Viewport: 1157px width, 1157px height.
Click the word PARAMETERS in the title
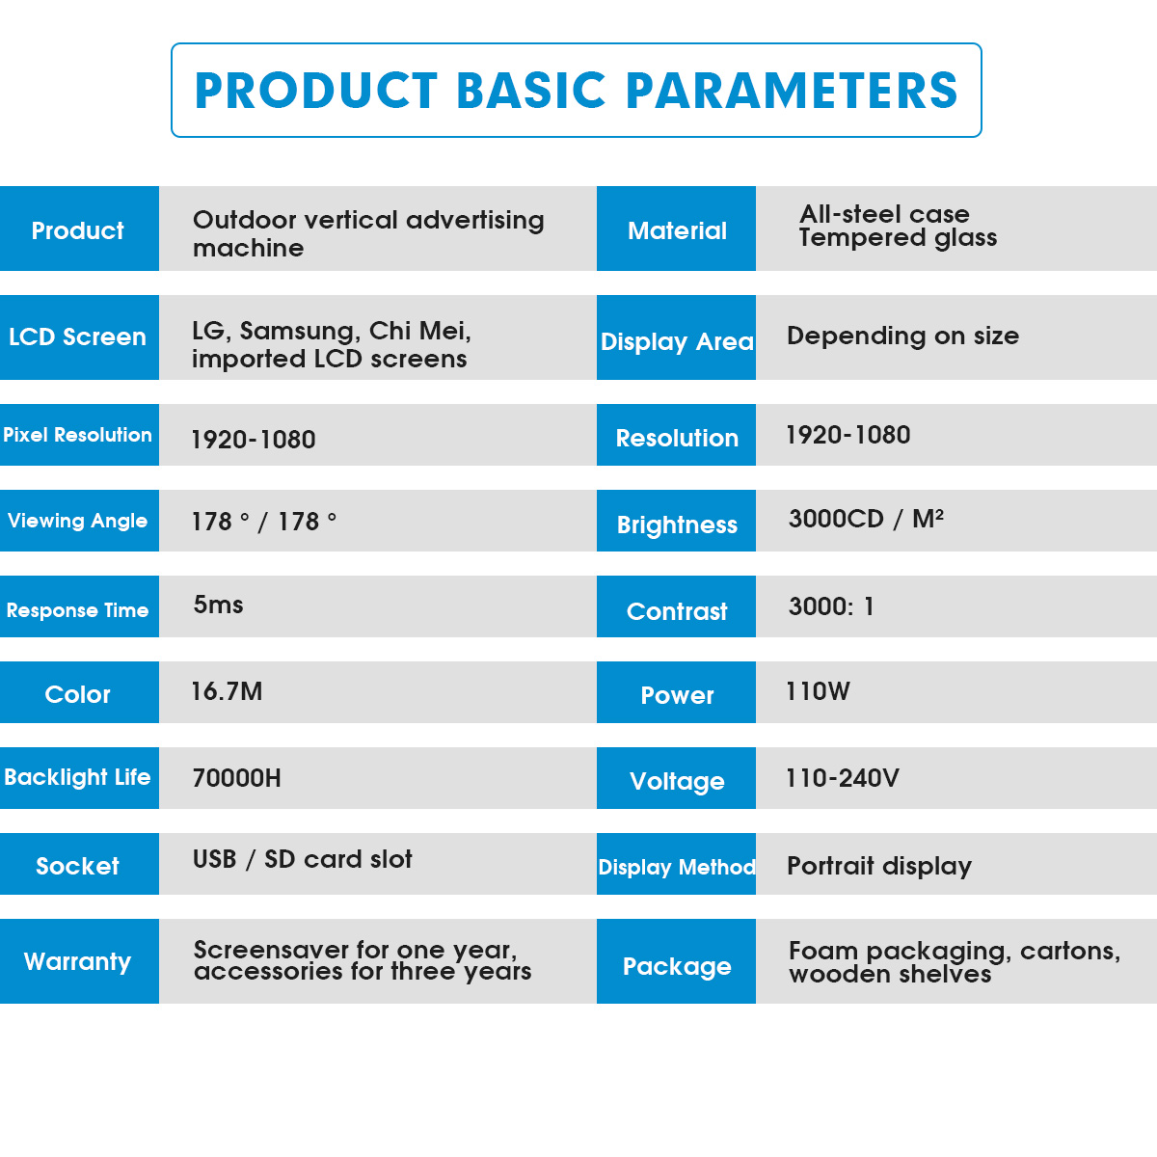pyautogui.click(x=792, y=91)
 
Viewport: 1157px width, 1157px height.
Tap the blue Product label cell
pyautogui.click(x=79, y=229)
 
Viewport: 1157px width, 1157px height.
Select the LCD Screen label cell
pyautogui.click(x=79, y=336)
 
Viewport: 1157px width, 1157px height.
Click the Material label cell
pyautogui.click(x=676, y=229)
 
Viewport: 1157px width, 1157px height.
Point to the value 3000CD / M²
pyautogui.click(x=866, y=519)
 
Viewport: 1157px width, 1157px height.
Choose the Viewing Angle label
pyautogui.click(x=77, y=521)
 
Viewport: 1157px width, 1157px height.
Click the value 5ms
pyautogui.click(x=218, y=605)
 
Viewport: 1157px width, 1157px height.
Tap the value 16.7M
pyautogui.click(x=227, y=691)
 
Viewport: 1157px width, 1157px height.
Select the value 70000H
pyautogui.click(x=236, y=777)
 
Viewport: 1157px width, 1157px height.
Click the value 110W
pyautogui.click(x=818, y=691)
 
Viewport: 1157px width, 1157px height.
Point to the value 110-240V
pyautogui.click(x=843, y=777)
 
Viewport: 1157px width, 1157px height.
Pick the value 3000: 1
pyautogui.click(x=831, y=606)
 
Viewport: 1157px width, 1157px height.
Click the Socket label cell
pyautogui.click(x=79, y=863)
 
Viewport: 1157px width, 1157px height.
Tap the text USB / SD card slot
pyautogui.click(x=302, y=859)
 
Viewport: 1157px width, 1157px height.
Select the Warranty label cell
pyautogui.click(x=79, y=960)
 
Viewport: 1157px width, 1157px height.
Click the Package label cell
pyautogui.click(x=676, y=960)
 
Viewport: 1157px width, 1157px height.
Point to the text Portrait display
pyautogui.click(x=879, y=867)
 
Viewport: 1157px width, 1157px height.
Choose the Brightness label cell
pyautogui.click(x=676, y=521)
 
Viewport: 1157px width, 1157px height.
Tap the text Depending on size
pyautogui.click(x=903, y=336)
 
